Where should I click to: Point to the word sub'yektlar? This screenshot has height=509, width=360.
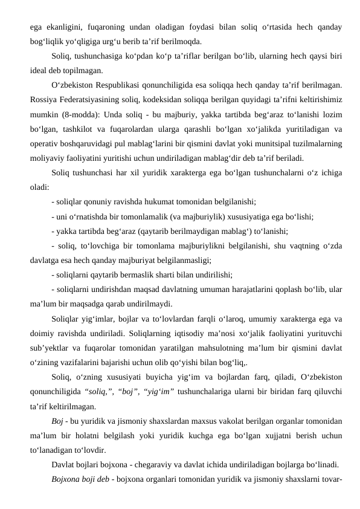pyautogui.click(x=50, y=347)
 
